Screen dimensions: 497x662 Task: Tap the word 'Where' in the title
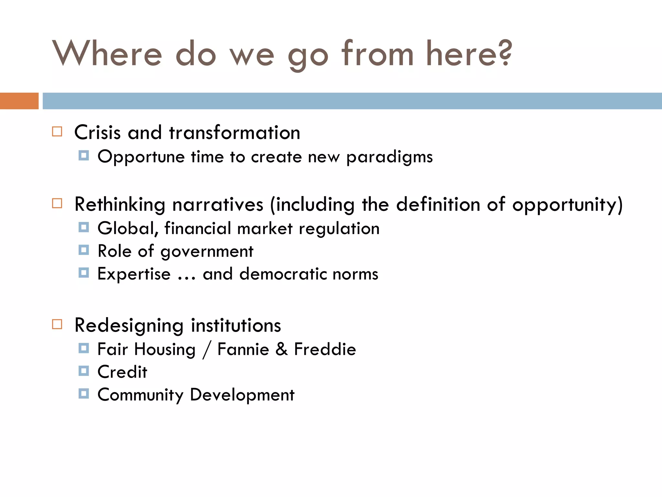coord(107,53)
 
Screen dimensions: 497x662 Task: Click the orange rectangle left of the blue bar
coord(19,101)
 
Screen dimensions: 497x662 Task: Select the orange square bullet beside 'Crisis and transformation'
coord(57,132)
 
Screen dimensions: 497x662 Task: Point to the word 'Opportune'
coord(141,157)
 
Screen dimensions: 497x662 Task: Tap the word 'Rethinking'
coord(120,205)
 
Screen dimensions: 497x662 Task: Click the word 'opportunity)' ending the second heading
coord(567,205)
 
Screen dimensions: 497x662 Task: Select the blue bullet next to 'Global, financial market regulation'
coord(84,227)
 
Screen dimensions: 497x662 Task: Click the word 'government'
coord(207,252)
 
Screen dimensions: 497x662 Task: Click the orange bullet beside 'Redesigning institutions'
coord(57,324)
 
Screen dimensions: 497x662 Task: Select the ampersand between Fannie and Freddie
coord(282,349)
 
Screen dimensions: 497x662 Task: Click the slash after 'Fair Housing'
coord(207,350)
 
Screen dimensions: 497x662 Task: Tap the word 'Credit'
coord(122,372)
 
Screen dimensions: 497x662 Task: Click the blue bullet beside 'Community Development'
coord(84,393)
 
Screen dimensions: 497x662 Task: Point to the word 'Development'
coord(242,395)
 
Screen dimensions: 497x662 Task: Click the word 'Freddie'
coord(325,349)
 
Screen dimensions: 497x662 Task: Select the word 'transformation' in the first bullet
coord(235,133)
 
